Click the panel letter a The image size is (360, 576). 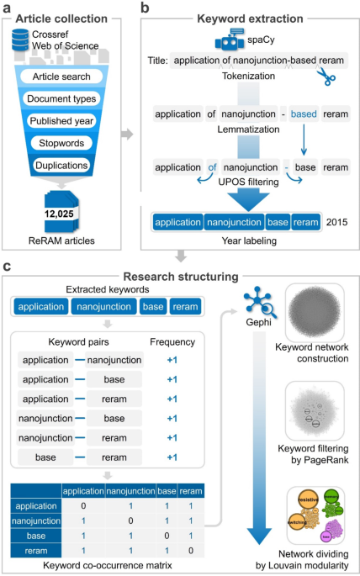click(8, 8)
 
